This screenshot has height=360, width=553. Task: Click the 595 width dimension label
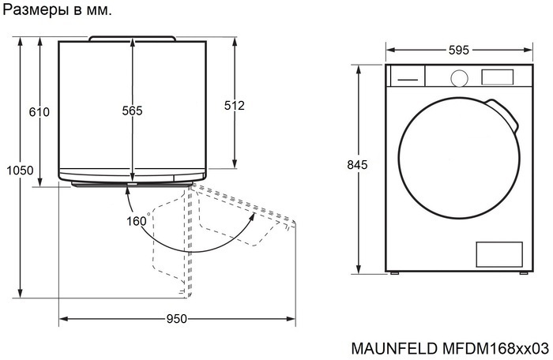pos(458,50)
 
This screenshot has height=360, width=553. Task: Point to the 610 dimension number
pos(39,112)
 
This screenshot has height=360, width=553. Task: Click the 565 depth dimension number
pos(132,111)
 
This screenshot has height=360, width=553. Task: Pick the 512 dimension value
pos(235,105)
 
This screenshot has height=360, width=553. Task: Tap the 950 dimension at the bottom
pos(176,319)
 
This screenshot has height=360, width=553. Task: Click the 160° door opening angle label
pos(137,221)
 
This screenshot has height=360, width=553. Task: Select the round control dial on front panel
pos(458,77)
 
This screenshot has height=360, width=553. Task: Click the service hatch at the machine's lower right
pos(498,253)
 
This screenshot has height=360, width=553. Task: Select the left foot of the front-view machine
pos(395,272)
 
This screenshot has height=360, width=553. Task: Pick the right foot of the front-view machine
pos(522,272)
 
